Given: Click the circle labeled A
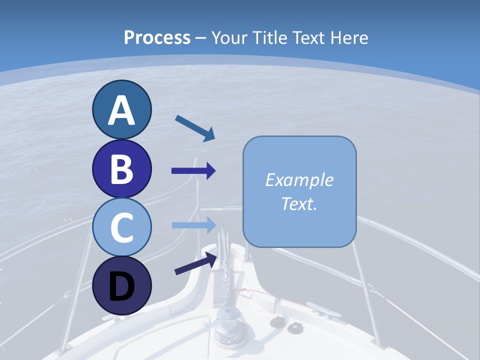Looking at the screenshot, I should (x=121, y=109).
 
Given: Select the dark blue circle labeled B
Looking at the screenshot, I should (x=121, y=168).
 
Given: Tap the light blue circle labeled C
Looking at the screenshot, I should (x=121, y=227).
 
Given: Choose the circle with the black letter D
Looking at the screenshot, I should (x=121, y=286).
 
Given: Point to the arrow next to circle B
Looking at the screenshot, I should (x=193, y=171).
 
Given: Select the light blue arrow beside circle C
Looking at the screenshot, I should (x=193, y=225).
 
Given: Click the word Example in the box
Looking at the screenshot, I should (x=299, y=180).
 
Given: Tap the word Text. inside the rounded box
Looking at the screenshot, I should (x=299, y=203).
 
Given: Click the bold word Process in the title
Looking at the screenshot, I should (x=157, y=37).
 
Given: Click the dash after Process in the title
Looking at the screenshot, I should (x=201, y=38).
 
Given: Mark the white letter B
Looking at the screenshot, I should (x=121, y=168).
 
